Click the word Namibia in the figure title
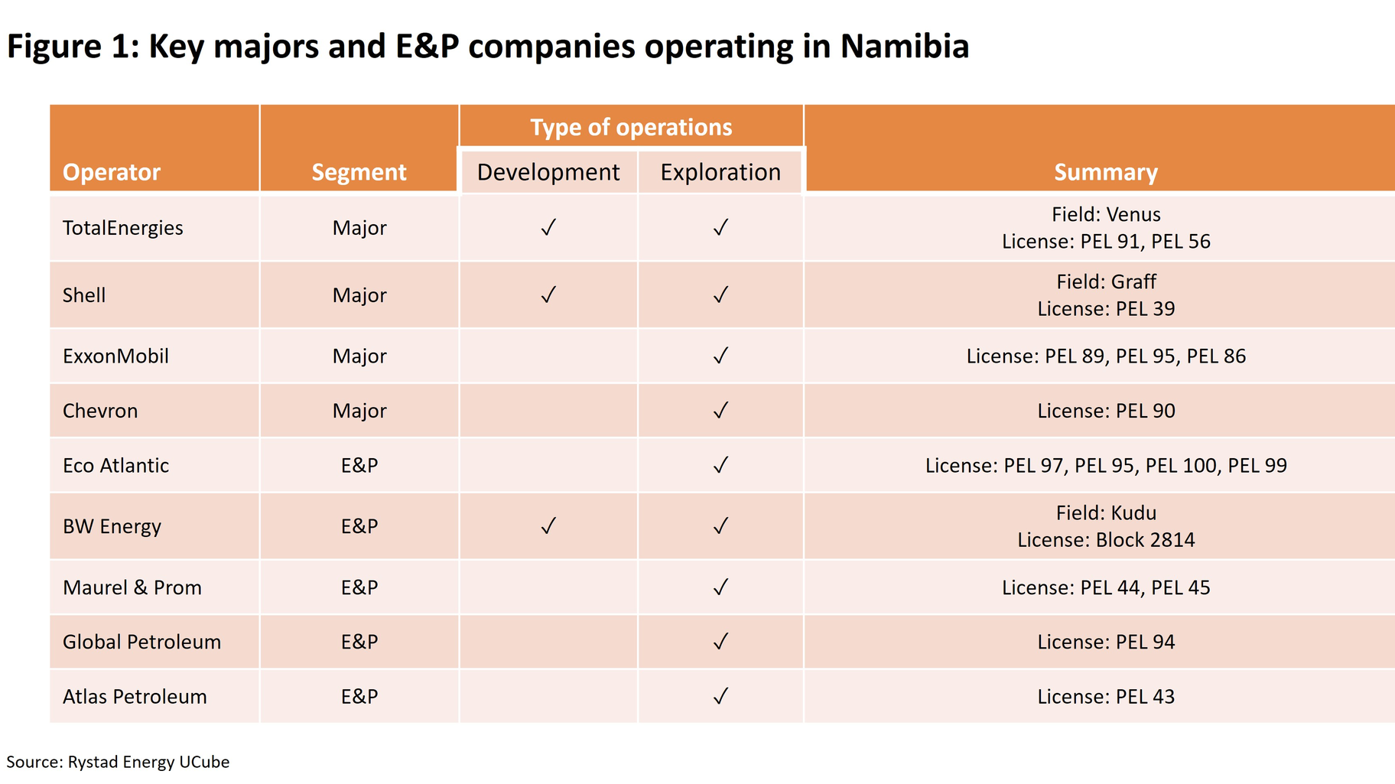coord(904,46)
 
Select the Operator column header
coord(112,172)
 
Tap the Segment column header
coord(359,172)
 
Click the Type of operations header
coord(631,127)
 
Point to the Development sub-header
coord(548,172)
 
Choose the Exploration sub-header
coord(720,172)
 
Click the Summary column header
coord(1106,172)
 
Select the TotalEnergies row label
coord(123,228)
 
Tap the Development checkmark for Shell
coord(548,295)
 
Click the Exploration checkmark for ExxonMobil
coord(720,356)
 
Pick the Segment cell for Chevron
coord(359,411)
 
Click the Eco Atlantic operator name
coord(115,465)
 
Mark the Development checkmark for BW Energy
coord(548,526)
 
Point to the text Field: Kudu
coord(1106,512)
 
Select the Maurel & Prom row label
coord(132,587)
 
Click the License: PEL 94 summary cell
coord(1106,642)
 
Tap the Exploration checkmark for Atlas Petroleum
coord(720,696)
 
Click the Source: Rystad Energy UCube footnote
coord(118,762)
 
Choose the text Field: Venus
coord(1106,214)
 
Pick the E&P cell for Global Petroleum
coord(359,642)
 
